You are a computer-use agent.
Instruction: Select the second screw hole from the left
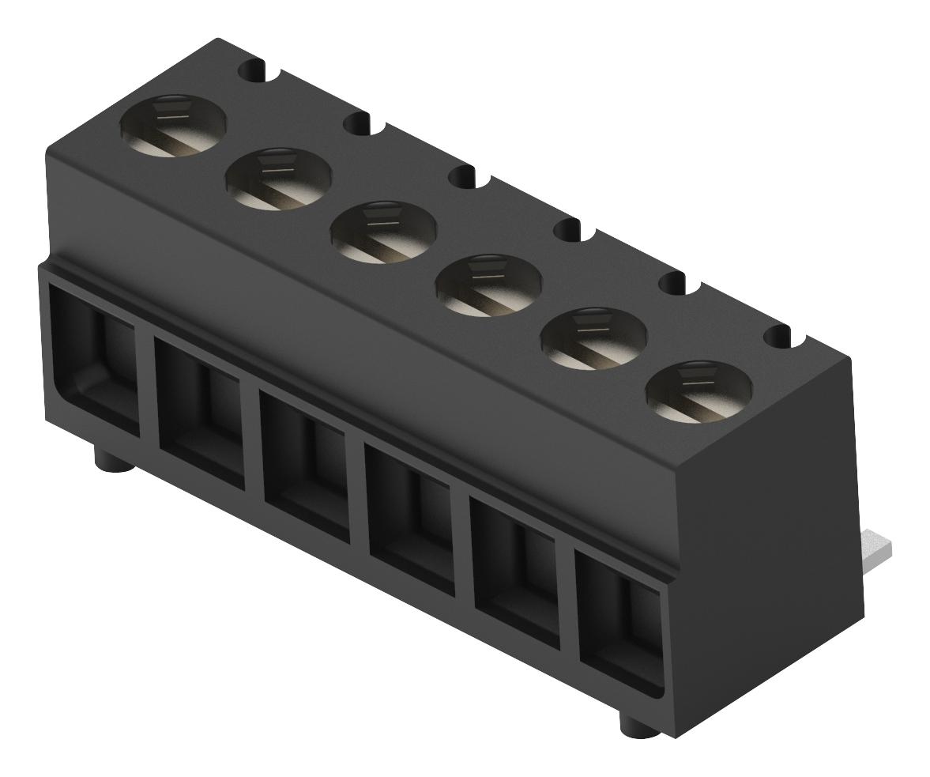click(278, 179)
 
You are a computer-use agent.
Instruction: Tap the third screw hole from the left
click(383, 232)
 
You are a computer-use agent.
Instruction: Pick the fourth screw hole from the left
click(488, 285)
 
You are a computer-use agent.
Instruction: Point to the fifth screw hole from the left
click(593, 338)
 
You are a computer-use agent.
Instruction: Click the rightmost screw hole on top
click(698, 391)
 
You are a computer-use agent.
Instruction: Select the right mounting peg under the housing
click(639, 726)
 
